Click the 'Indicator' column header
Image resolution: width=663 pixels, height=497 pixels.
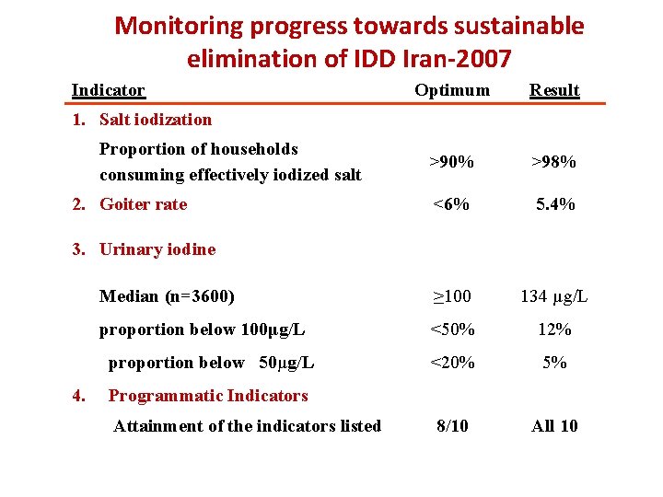pos(109,90)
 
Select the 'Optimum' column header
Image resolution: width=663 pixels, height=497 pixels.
pos(452,89)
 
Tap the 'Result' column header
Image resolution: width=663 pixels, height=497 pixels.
pos(554,90)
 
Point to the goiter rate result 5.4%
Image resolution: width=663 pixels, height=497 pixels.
pos(555,204)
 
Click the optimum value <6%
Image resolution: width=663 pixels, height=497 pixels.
pos(452,204)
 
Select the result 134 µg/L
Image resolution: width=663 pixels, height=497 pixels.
pos(554,296)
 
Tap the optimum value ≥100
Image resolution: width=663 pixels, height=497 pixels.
pos(452,296)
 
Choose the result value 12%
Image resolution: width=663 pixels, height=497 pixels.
pos(555,329)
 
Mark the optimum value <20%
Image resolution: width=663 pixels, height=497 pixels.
pos(453,363)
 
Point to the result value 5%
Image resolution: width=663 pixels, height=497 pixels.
pos(555,363)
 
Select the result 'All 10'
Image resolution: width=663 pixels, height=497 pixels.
pos(555,425)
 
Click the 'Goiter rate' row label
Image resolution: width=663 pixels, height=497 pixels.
pos(143,204)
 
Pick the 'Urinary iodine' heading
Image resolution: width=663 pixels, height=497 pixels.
pos(157,248)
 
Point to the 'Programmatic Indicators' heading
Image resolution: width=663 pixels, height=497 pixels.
pos(208,396)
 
